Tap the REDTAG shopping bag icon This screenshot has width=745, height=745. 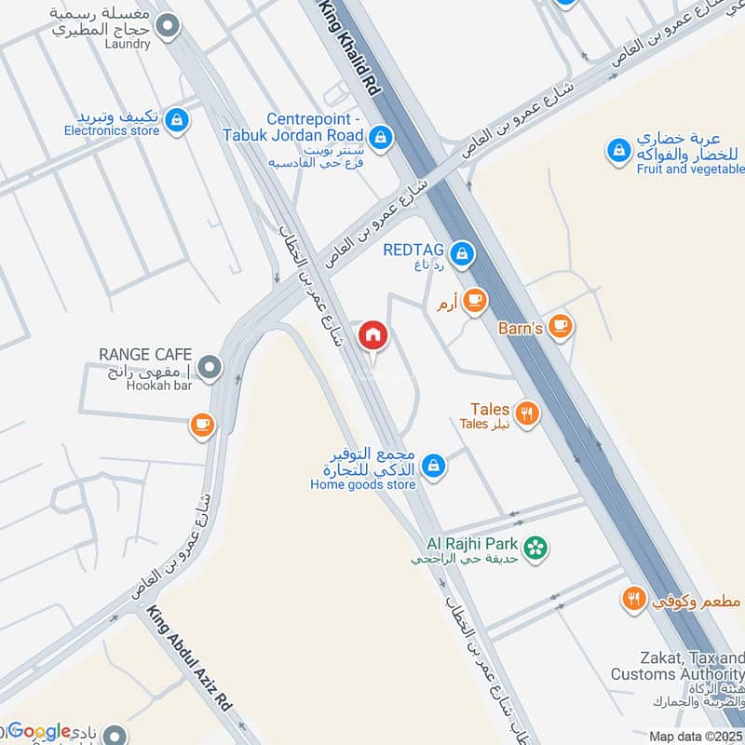(461, 252)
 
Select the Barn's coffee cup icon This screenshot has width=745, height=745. (560, 325)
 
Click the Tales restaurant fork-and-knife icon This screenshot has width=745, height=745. (527, 413)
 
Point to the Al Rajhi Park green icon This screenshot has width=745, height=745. (535, 548)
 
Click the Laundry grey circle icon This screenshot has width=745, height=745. (168, 27)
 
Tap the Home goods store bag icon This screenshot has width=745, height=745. (432, 464)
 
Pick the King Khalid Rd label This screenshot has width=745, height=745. (352, 51)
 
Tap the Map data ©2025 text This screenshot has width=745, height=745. (696, 736)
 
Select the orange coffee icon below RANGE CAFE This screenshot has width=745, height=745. (201, 426)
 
